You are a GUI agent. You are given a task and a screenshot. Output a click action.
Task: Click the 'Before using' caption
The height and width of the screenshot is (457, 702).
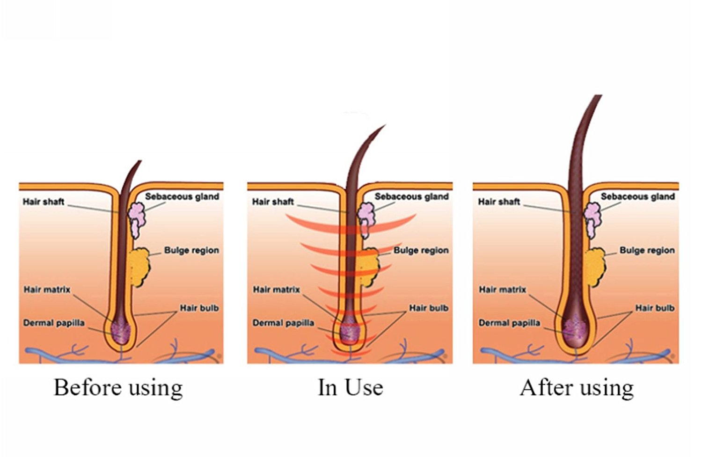pyautogui.click(x=118, y=388)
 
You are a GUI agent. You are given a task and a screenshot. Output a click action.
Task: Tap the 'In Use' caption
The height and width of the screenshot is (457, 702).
pyautogui.click(x=350, y=387)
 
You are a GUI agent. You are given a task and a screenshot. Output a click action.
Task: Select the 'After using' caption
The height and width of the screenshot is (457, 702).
pyautogui.click(x=577, y=388)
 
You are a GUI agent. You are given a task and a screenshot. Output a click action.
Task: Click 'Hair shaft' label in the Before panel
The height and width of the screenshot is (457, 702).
pyautogui.click(x=44, y=202)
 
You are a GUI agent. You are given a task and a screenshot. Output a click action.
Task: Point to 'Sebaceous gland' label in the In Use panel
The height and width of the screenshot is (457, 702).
pyautogui.click(x=411, y=196)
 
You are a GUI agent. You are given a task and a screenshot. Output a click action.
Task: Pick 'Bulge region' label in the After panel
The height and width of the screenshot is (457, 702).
pyautogui.click(x=647, y=250)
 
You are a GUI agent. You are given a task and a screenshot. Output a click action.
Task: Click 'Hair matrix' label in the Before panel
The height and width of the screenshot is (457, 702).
pyautogui.click(x=47, y=290)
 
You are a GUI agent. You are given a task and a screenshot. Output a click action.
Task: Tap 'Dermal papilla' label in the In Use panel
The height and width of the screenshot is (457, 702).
pyautogui.click(x=283, y=323)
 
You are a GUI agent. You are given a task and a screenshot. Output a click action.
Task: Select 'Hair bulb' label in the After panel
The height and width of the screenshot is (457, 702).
pyautogui.click(x=654, y=308)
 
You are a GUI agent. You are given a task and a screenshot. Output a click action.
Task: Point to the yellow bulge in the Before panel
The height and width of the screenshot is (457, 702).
pyautogui.click(x=138, y=267)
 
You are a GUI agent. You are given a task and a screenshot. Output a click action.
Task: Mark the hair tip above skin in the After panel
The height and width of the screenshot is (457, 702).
pyautogui.click(x=598, y=97)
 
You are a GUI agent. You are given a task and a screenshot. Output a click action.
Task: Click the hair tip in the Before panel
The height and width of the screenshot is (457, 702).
pyautogui.click(x=139, y=162)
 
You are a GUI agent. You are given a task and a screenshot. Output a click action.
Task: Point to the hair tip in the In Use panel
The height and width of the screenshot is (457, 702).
pyautogui.click(x=384, y=126)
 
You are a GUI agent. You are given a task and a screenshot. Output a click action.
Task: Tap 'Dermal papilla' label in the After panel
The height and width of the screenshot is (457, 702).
pyautogui.click(x=509, y=323)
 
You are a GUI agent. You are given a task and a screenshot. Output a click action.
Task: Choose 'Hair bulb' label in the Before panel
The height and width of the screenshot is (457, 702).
pyautogui.click(x=199, y=308)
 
